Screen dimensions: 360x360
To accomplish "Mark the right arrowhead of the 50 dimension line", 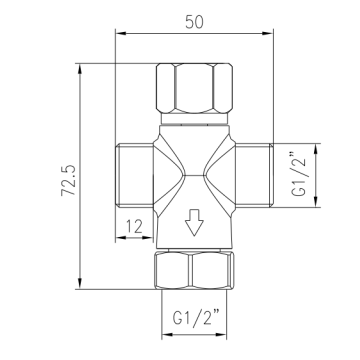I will click(270, 34).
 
